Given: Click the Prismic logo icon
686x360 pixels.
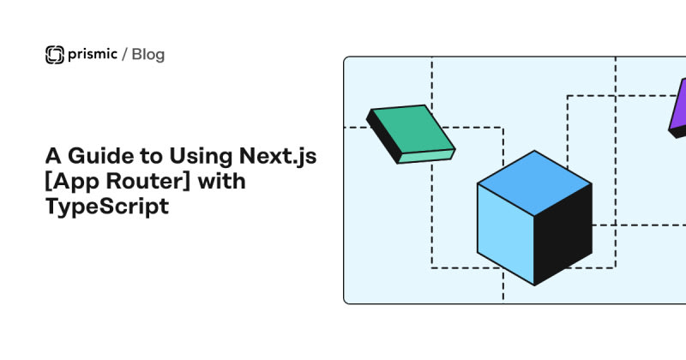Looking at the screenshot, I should pos(54,55).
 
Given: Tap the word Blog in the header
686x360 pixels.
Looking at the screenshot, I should pos(148,55).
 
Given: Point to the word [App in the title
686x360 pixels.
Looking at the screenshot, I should pos(71,183).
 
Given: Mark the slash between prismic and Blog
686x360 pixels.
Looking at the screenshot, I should pos(125,56).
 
